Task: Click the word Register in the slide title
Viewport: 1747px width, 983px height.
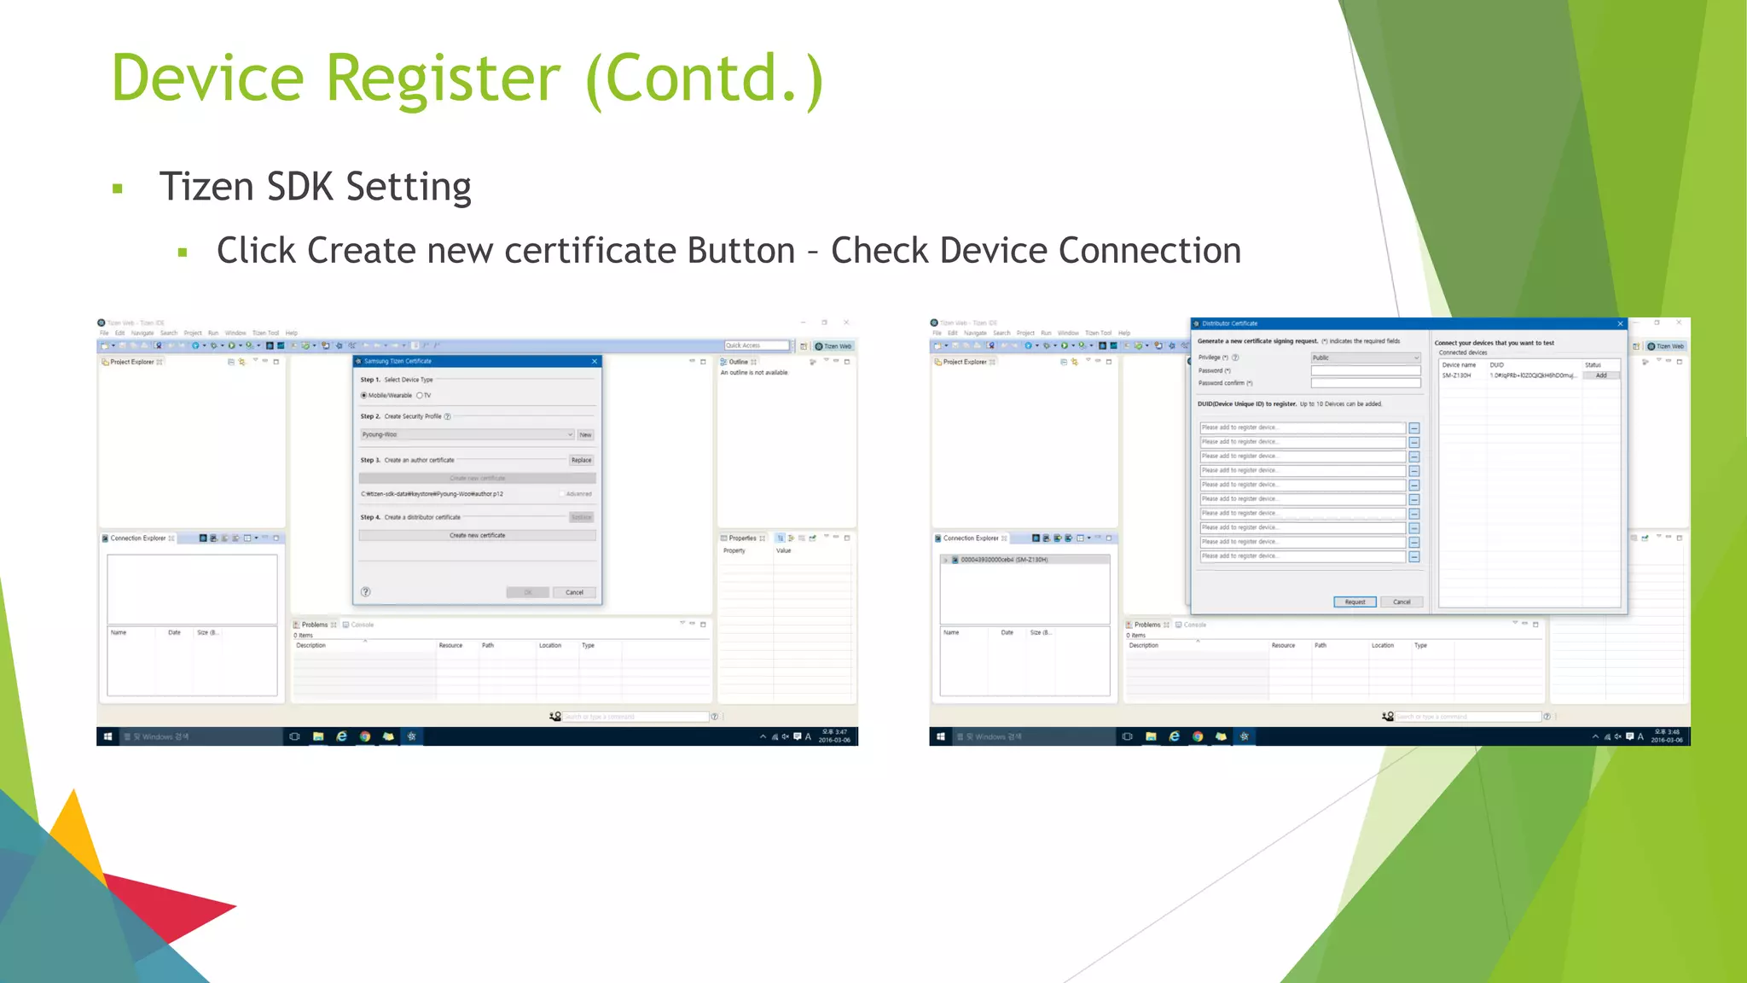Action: (x=443, y=79)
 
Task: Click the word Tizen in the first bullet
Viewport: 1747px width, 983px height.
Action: (x=206, y=187)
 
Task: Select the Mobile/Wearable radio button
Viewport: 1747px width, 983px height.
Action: (x=364, y=396)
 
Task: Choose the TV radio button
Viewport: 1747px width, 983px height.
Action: (x=420, y=396)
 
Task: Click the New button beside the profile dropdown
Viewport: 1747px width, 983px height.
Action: (x=585, y=435)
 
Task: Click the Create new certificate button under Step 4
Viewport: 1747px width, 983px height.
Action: (x=477, y=536)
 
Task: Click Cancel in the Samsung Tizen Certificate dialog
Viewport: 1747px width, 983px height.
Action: (x=574, y=592)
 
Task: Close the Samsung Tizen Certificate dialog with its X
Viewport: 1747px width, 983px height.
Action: (x=595, y=362)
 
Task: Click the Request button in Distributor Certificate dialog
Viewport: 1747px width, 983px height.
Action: (x=1355, y=602)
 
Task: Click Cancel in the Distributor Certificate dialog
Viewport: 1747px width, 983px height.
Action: (x=1402, y=602)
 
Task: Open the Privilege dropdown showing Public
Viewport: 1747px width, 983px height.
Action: (x=1365, y=358)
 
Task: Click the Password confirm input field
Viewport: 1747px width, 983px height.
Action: (x=1365, y=383)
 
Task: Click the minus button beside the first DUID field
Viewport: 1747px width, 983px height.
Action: (x=1414, y=428)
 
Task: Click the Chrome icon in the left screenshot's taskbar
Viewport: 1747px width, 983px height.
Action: (x=365, y=736)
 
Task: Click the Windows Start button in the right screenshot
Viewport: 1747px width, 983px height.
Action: (x=940, y=736)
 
